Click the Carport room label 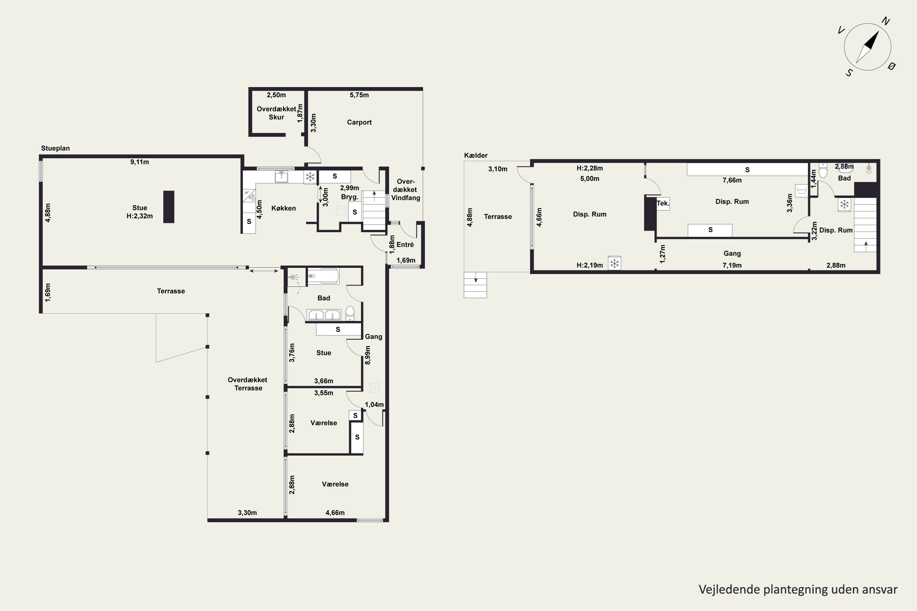pos(359,123)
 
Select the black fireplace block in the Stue pos(168,207)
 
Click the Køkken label pos(283,208)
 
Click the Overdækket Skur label pos(276,113)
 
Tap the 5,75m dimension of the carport pos(359,95)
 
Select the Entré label pos(405,245)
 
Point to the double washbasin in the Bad pos(324,314)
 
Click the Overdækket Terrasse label pos(248,384)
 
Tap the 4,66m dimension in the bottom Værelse pos(335,513)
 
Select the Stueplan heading pos(55,148)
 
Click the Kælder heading pos(476,155)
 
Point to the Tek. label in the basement pos(663,203)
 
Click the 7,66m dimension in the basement pos(732,180)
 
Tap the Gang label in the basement pos(732,253)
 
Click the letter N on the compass pos(886,21)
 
